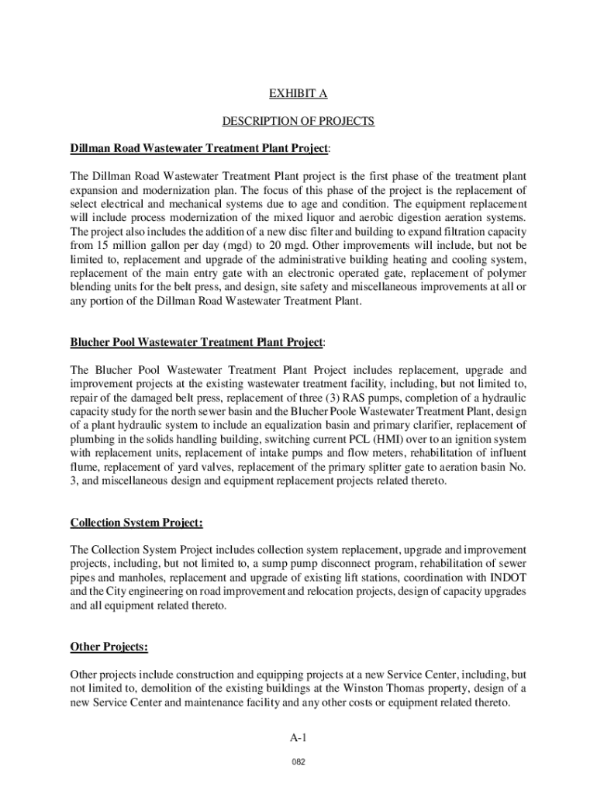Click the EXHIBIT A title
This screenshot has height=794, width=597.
click(298, 94)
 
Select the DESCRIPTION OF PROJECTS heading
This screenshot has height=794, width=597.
click(298, 121)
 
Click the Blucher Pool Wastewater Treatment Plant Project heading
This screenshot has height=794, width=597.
click(197, 342)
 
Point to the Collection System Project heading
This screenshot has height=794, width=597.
click(136, 522)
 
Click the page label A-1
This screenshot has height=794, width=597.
click(298, 737)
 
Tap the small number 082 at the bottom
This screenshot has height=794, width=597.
click(298, 762)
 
